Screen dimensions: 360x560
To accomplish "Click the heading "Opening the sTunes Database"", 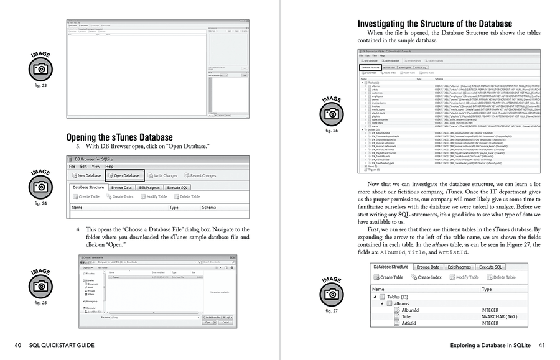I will tap(119, 137).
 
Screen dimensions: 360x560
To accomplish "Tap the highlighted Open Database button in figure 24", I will tap(123, 175).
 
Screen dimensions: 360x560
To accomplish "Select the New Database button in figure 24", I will tap(86, 175).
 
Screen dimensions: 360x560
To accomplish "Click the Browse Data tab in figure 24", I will tap(121, 187).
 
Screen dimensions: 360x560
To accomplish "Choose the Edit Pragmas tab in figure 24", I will tap(150, 187).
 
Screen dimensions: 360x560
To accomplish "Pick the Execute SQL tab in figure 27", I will tap(490, 267).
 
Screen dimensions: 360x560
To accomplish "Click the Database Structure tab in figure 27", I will tap(391, 267).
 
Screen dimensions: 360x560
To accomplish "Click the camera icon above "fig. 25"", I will tap(40, 285).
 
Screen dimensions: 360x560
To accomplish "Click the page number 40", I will tap(19, 345).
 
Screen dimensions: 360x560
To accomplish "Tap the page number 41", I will tap(541, 345).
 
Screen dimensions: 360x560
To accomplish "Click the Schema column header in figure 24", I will tap(208, 207).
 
